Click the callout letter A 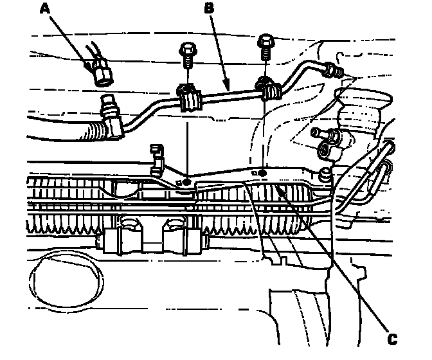[45, 8]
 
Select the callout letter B [208, 8]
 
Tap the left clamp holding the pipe [189, 98]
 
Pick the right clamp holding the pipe [267, 88]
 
